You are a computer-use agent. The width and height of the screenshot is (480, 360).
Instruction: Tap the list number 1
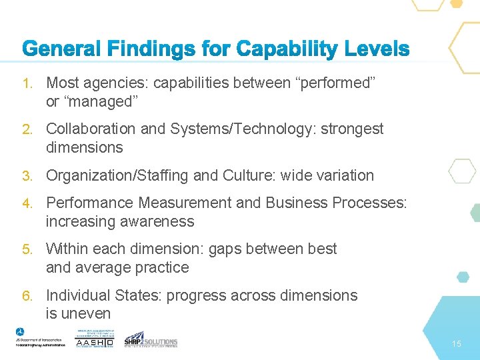tap(27, 83)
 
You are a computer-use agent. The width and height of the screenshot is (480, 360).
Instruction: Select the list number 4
tap(27, 203)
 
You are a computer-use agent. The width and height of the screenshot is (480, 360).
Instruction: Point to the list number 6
tap(27, 295)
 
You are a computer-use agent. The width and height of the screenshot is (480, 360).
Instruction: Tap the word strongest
tap(352, 129)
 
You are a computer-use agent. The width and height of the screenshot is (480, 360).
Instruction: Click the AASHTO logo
tap(95, 339)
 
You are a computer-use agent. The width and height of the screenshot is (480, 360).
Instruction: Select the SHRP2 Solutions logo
tap(151, 339)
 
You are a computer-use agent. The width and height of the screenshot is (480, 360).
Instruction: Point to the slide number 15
tap(456, 344)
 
